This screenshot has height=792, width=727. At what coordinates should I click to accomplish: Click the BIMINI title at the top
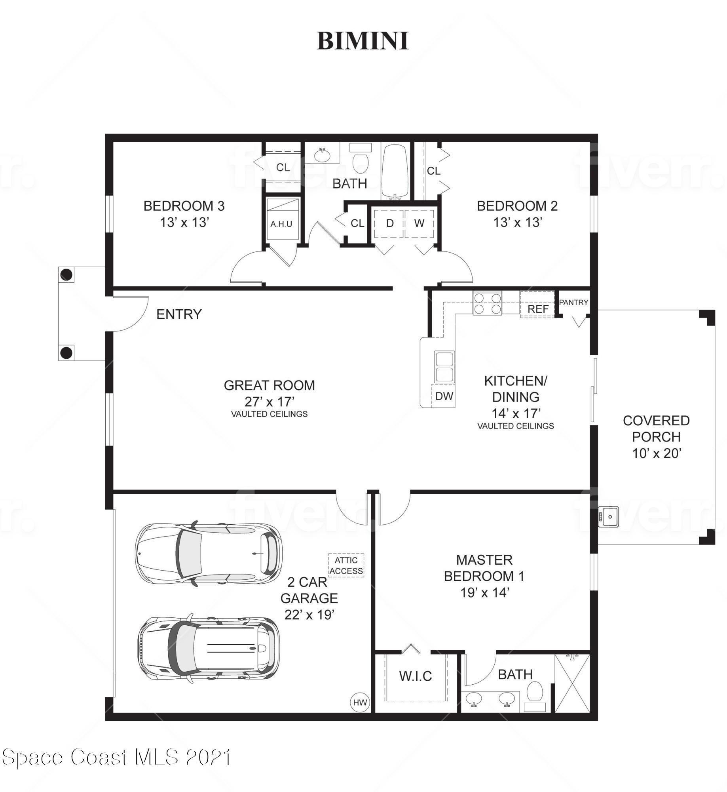tap(363, 41)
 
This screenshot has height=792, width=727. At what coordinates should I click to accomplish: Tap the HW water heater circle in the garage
tap(360, 703)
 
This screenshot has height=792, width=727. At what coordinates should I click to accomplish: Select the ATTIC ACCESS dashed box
tap(346, 565)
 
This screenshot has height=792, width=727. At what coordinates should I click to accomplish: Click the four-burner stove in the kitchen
tap(487, 303)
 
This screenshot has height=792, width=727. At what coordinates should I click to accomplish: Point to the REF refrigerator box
tap(537, 305)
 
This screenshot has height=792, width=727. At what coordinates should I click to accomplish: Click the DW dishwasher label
tap(444, 396)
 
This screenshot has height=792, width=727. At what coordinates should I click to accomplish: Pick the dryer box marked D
tap(390, 223)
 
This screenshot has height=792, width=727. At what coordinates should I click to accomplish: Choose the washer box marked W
tap(419, 223)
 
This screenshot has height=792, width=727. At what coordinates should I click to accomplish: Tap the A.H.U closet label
tap(281, 224)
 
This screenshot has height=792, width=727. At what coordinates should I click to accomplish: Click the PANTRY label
tap(573, 303)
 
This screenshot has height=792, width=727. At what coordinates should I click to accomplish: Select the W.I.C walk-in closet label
tap(416, 676)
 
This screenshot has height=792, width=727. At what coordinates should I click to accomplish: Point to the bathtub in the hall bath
tap(395, 171)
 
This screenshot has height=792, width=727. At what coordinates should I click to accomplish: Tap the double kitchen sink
tap(444, 366)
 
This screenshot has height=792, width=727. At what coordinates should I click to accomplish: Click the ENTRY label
tap(179, 314)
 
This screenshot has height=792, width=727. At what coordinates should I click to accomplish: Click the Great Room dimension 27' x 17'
tap(270, 402)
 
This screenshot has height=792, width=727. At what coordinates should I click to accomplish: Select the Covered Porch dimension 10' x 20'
tap(656, 453)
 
